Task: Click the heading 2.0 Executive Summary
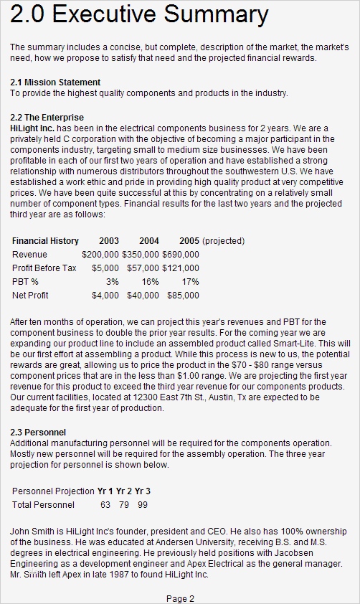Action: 140,16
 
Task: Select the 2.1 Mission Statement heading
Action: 55,82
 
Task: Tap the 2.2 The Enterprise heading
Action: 47,117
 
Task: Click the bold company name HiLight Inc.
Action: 32,127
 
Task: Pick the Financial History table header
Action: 45,241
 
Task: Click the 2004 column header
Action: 149,241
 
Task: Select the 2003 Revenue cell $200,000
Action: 100,255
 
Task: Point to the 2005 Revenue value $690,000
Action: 181,255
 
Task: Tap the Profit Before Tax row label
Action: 44,268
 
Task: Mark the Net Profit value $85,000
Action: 183,295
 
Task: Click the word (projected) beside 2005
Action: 224,241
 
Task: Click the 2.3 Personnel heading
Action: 38,433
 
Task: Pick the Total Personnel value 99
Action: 143,505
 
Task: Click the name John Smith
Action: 32,530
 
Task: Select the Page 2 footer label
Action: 180,598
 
